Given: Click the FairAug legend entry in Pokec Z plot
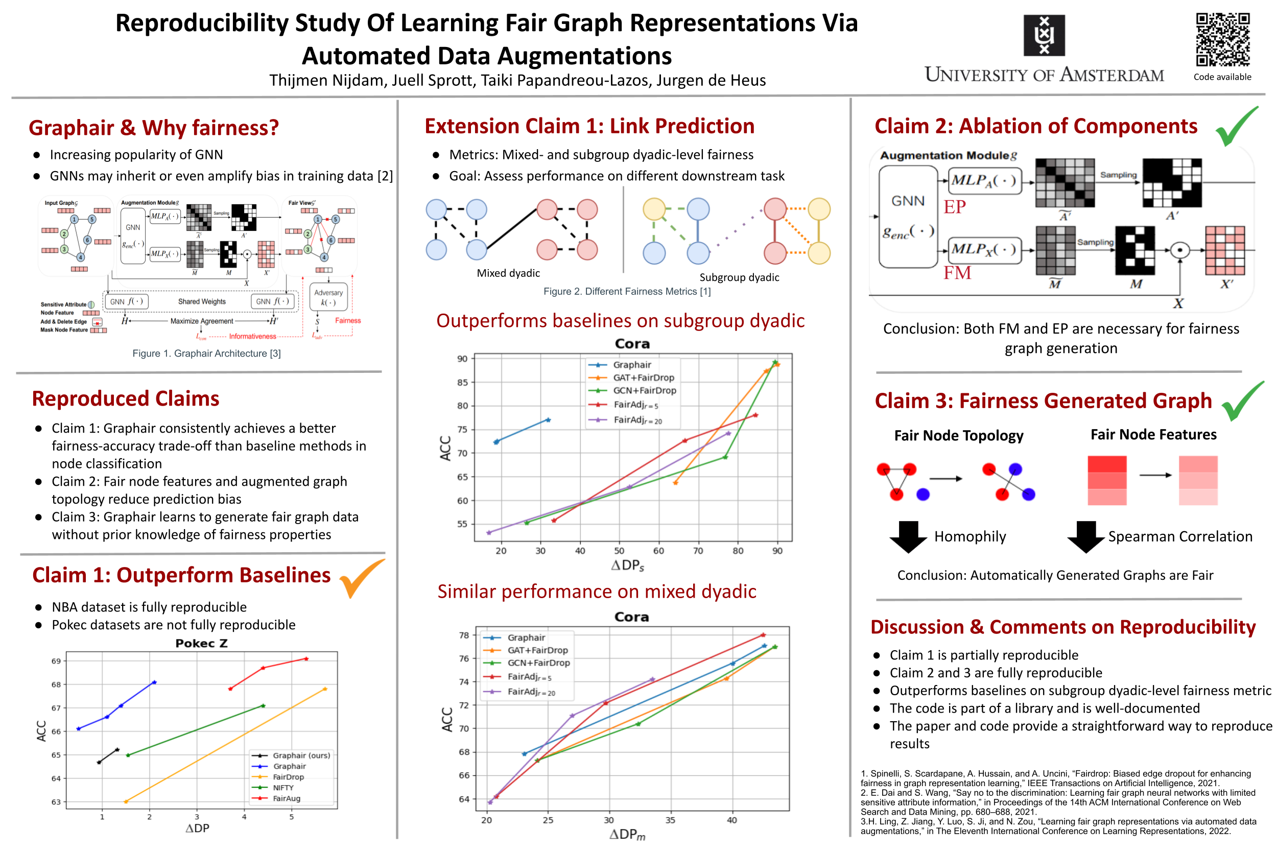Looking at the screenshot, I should coord(286,798).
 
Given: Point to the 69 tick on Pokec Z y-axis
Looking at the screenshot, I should coord(56,660).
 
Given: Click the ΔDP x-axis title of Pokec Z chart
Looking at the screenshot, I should coord(197,828).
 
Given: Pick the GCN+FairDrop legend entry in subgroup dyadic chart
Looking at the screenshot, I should coord(644,390).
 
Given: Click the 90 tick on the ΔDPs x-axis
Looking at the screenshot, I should coord(776,550).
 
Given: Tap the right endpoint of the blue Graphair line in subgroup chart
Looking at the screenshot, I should coord(548,419).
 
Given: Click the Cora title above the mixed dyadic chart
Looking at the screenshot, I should coord(631,617).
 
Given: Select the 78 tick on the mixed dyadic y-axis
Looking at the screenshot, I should coord(463,634).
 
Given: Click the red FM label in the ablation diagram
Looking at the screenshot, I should coord(956,272).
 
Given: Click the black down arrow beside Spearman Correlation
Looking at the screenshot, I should coord(1085,536).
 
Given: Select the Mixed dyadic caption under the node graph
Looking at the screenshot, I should coord(508,273).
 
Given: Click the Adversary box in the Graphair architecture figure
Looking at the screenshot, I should coord(328,297).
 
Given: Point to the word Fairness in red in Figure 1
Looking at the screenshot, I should coord(347,320).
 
